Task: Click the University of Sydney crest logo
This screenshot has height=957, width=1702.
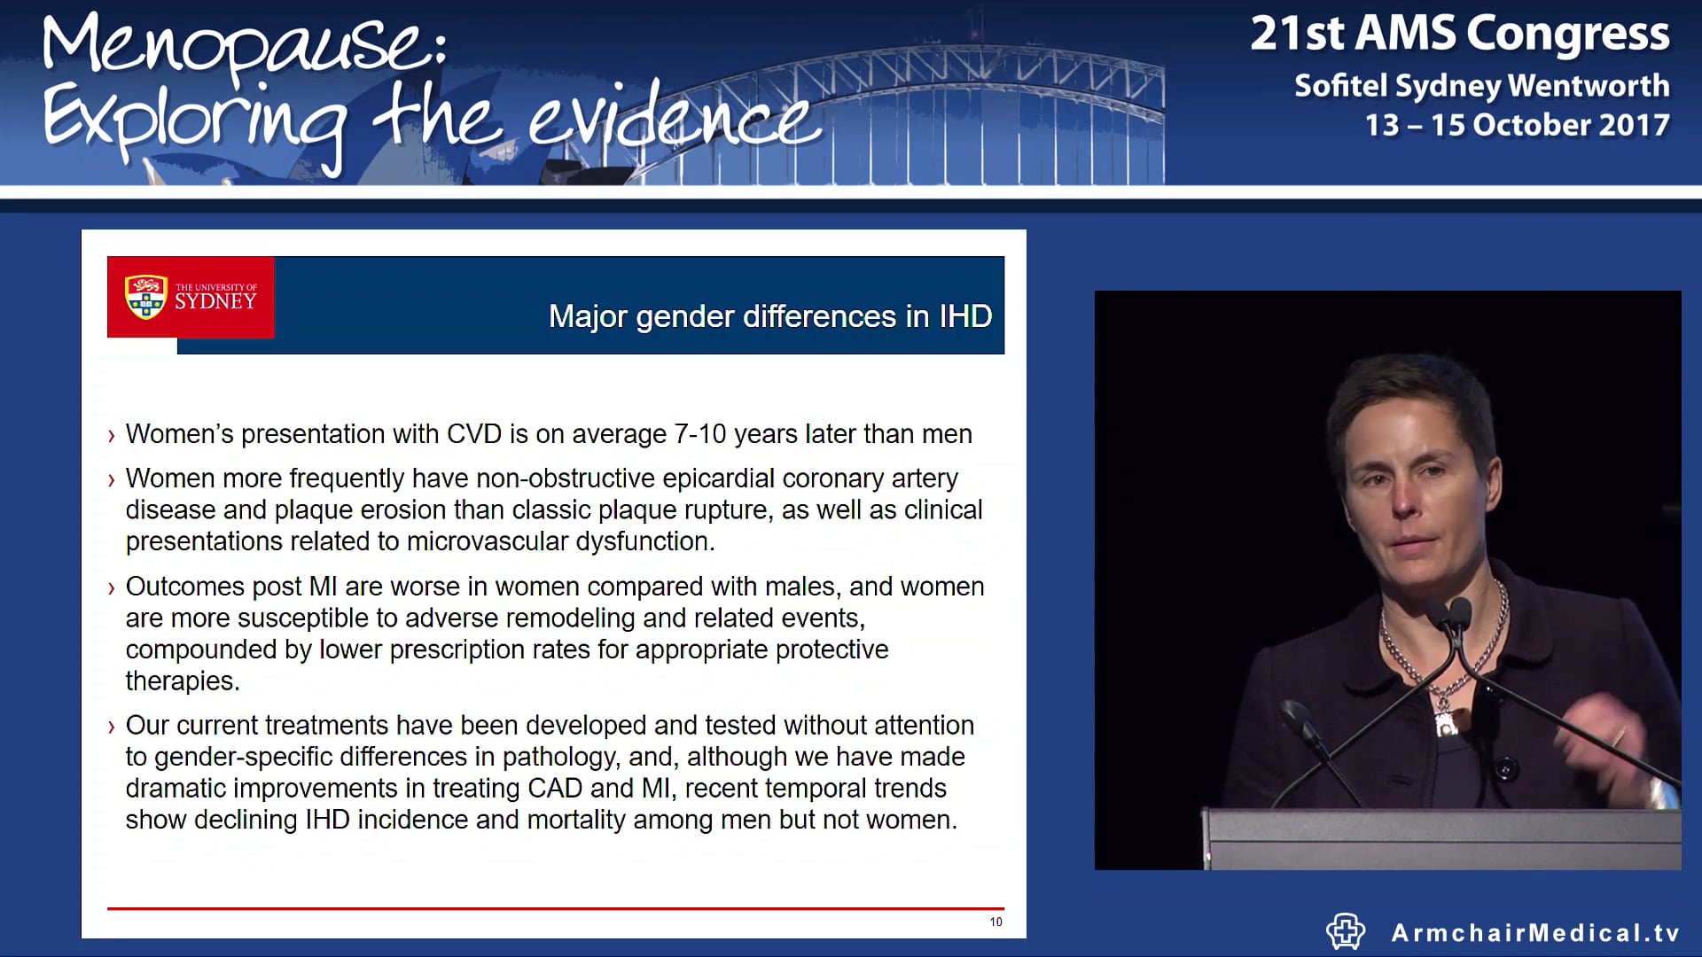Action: pyautogui.click(x=146, y=297)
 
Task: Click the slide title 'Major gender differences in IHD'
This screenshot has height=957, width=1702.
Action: pyautogui.click(x=769, y=316)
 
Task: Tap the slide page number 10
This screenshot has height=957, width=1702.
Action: pyautogui.click(x=996, y=922)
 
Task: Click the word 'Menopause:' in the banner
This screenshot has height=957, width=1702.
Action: pyautogui.click(x=244, y=46)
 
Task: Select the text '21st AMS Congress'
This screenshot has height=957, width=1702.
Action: pyautogui.click(x=1459, y=34)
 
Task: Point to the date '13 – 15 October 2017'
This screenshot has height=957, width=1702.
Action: pyautogui.click(x=1517, y=125)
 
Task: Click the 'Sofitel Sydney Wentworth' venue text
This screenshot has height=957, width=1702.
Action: pyautogui.click(x=1481, y=85)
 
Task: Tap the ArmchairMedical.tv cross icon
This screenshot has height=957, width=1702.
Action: pyautogui.click(x=1345, y=931)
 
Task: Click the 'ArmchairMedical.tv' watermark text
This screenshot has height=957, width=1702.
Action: pyautogui.click(x=1535, y=933)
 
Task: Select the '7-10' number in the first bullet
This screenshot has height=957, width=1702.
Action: pyautogui.click(x=699, y=434)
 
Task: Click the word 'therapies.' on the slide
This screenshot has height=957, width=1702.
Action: pyautogui.click(x=183, y=681)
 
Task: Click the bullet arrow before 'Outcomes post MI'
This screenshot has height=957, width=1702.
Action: pyautogui.click(x=112, y=588)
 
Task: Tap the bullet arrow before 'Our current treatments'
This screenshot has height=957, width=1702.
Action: pyautogui.click(x=112, y=727)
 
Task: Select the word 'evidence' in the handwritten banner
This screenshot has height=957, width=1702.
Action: pyautogui.click(x=674, y=120)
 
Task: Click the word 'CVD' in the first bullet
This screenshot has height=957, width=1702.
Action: pyautogui.click(x=474, y=434)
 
